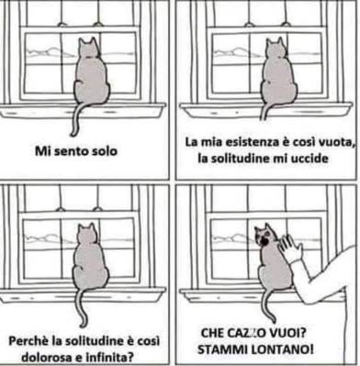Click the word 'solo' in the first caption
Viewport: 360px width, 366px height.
105,151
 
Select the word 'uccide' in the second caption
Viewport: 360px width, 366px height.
313,159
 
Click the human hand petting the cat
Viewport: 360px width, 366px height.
290,248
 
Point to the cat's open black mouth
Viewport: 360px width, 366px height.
264,241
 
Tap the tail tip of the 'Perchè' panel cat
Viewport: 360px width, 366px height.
83,324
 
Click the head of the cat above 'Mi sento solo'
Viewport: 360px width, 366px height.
89,49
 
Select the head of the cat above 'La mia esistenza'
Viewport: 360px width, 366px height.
276,49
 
